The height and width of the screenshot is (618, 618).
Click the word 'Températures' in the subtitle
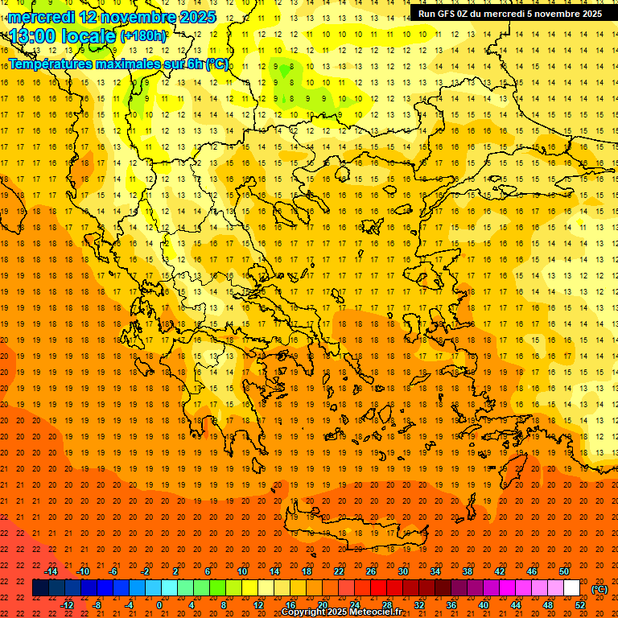[53, 64]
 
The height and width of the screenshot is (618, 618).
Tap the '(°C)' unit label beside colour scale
[599, 589]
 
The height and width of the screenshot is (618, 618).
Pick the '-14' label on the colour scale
[51, 571]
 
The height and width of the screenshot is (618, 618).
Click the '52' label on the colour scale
[580, 605]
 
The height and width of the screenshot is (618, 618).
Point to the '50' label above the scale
[564, 571]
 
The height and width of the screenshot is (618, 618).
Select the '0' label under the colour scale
[159, 605]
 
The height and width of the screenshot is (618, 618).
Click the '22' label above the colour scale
[339, 571]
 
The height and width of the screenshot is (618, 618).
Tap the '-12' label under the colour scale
[67, 605]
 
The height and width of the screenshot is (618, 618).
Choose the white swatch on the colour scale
[571, 588]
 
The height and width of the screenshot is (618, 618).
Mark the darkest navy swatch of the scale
[40, 588]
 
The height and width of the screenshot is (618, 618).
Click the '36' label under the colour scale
[451, 605]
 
